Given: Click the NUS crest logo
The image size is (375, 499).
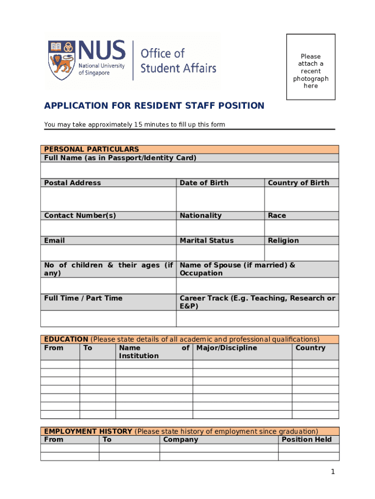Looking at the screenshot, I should [x=61, y=60].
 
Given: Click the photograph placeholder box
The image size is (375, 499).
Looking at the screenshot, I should [x=311, y=67].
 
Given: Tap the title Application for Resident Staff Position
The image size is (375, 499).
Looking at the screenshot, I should [x=154, y=106].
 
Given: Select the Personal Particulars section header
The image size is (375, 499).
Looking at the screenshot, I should [x=92, y=149].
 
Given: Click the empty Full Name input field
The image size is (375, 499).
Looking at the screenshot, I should [x=189, y=170].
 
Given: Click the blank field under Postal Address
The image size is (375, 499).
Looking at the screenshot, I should [x=108, y=199].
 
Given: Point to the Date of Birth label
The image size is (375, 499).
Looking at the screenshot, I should [x=204, y=183].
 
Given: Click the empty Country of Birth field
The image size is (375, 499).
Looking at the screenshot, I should [x=301, y=199].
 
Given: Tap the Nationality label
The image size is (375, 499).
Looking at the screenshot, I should [x=200, y=215].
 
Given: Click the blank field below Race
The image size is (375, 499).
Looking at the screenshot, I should [x=301, y=228].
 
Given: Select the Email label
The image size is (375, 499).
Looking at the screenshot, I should [x=55, y=240].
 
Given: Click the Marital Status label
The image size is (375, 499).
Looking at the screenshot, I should [x=206, y=240].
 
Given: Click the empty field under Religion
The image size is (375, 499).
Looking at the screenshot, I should [x=301, y=252].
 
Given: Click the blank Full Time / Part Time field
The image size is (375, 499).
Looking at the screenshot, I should [x=108, y=318].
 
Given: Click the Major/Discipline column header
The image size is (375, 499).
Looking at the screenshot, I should [x=226, y=348].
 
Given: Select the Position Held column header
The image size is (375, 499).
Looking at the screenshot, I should [x=306, y=440].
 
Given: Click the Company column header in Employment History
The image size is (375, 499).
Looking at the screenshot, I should [x=181, y=440].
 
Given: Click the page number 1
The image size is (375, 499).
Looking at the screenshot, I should [x=333, y=471].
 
